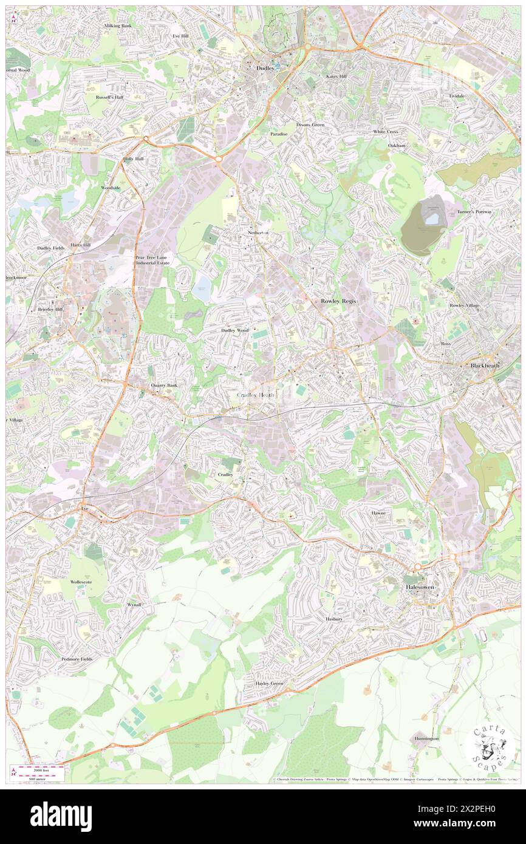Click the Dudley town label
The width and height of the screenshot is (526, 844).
tap(265, 69)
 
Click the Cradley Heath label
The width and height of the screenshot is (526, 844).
tap(256, 395)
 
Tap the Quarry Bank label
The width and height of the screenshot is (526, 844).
tap(164, 386)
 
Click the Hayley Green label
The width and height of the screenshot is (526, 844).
tap(269, 683)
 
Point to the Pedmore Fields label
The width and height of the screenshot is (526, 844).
tap(77, 659)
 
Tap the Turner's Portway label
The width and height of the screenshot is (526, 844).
tap(474, 211)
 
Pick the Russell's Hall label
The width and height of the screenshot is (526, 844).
tap(109, 97)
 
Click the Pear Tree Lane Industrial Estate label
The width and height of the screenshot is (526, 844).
tap(151, 260)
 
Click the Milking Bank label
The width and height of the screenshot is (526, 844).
tap(117, 27)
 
